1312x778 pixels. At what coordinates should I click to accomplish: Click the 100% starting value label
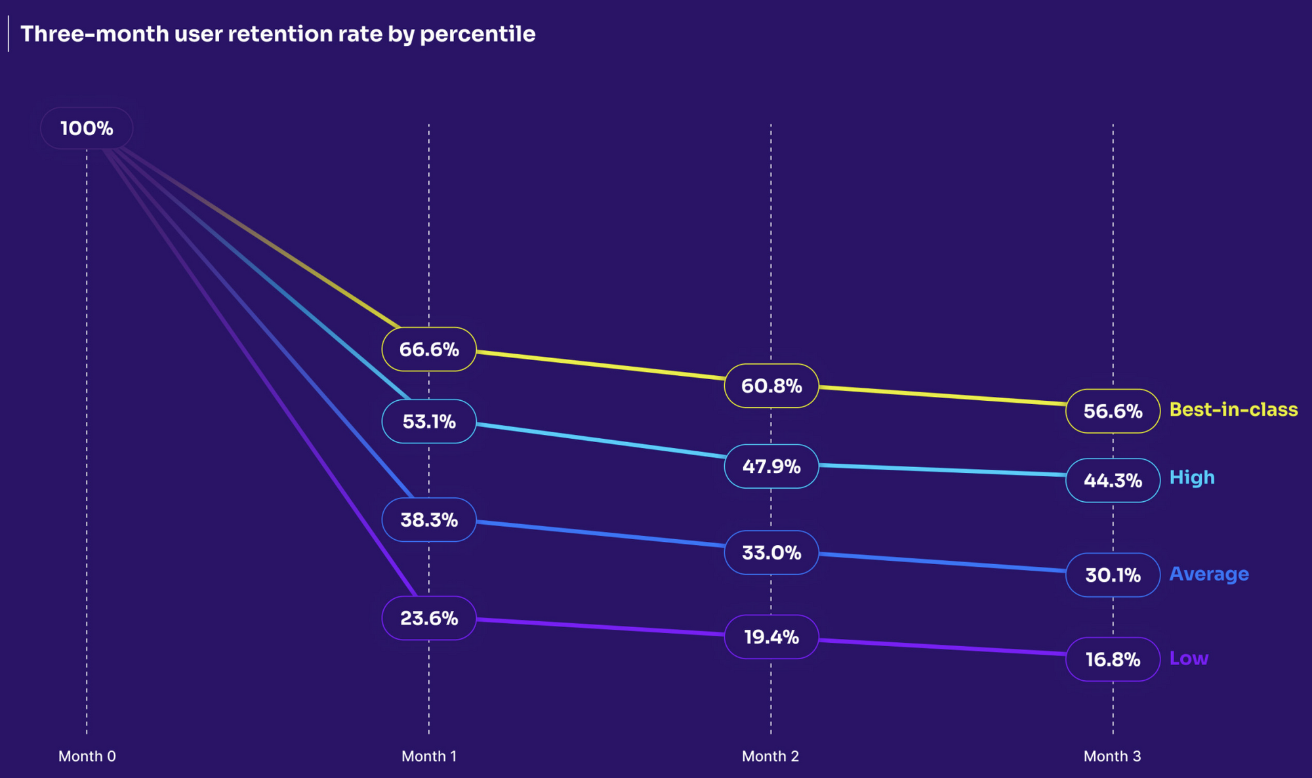click(87, 128)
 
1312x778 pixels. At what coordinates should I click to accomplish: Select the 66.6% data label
click(429, 349)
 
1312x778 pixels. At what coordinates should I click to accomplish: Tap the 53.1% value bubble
click(429, 421)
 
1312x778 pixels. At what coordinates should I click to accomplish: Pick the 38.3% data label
click(429, 520)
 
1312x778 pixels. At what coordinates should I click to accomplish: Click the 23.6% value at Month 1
click(429, 618)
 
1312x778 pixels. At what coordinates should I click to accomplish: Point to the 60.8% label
click(771, 386)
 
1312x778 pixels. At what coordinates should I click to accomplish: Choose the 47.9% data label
click(771, 466)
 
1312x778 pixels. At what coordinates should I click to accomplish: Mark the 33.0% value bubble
click(771, 552)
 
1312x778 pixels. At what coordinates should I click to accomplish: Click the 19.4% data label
click(771, 636)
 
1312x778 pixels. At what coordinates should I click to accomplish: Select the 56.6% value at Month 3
click(1113, 411)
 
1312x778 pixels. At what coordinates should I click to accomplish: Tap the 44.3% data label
click(1113, 480)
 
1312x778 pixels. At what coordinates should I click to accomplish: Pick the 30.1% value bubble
click(1113, 575)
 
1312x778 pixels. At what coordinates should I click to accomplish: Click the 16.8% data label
click(1113, 659)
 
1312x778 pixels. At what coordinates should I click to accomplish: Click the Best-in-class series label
click(1233, 409)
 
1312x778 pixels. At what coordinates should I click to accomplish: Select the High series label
click(1192, 478)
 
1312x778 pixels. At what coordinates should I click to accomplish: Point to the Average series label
click(1209, 574)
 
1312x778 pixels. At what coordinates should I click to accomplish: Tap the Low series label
click(1189, 658)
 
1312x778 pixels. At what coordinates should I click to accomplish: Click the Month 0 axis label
click(87, 756)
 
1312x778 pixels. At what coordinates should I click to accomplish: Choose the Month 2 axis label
click(770, 756)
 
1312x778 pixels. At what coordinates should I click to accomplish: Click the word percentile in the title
click(478, 34)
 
